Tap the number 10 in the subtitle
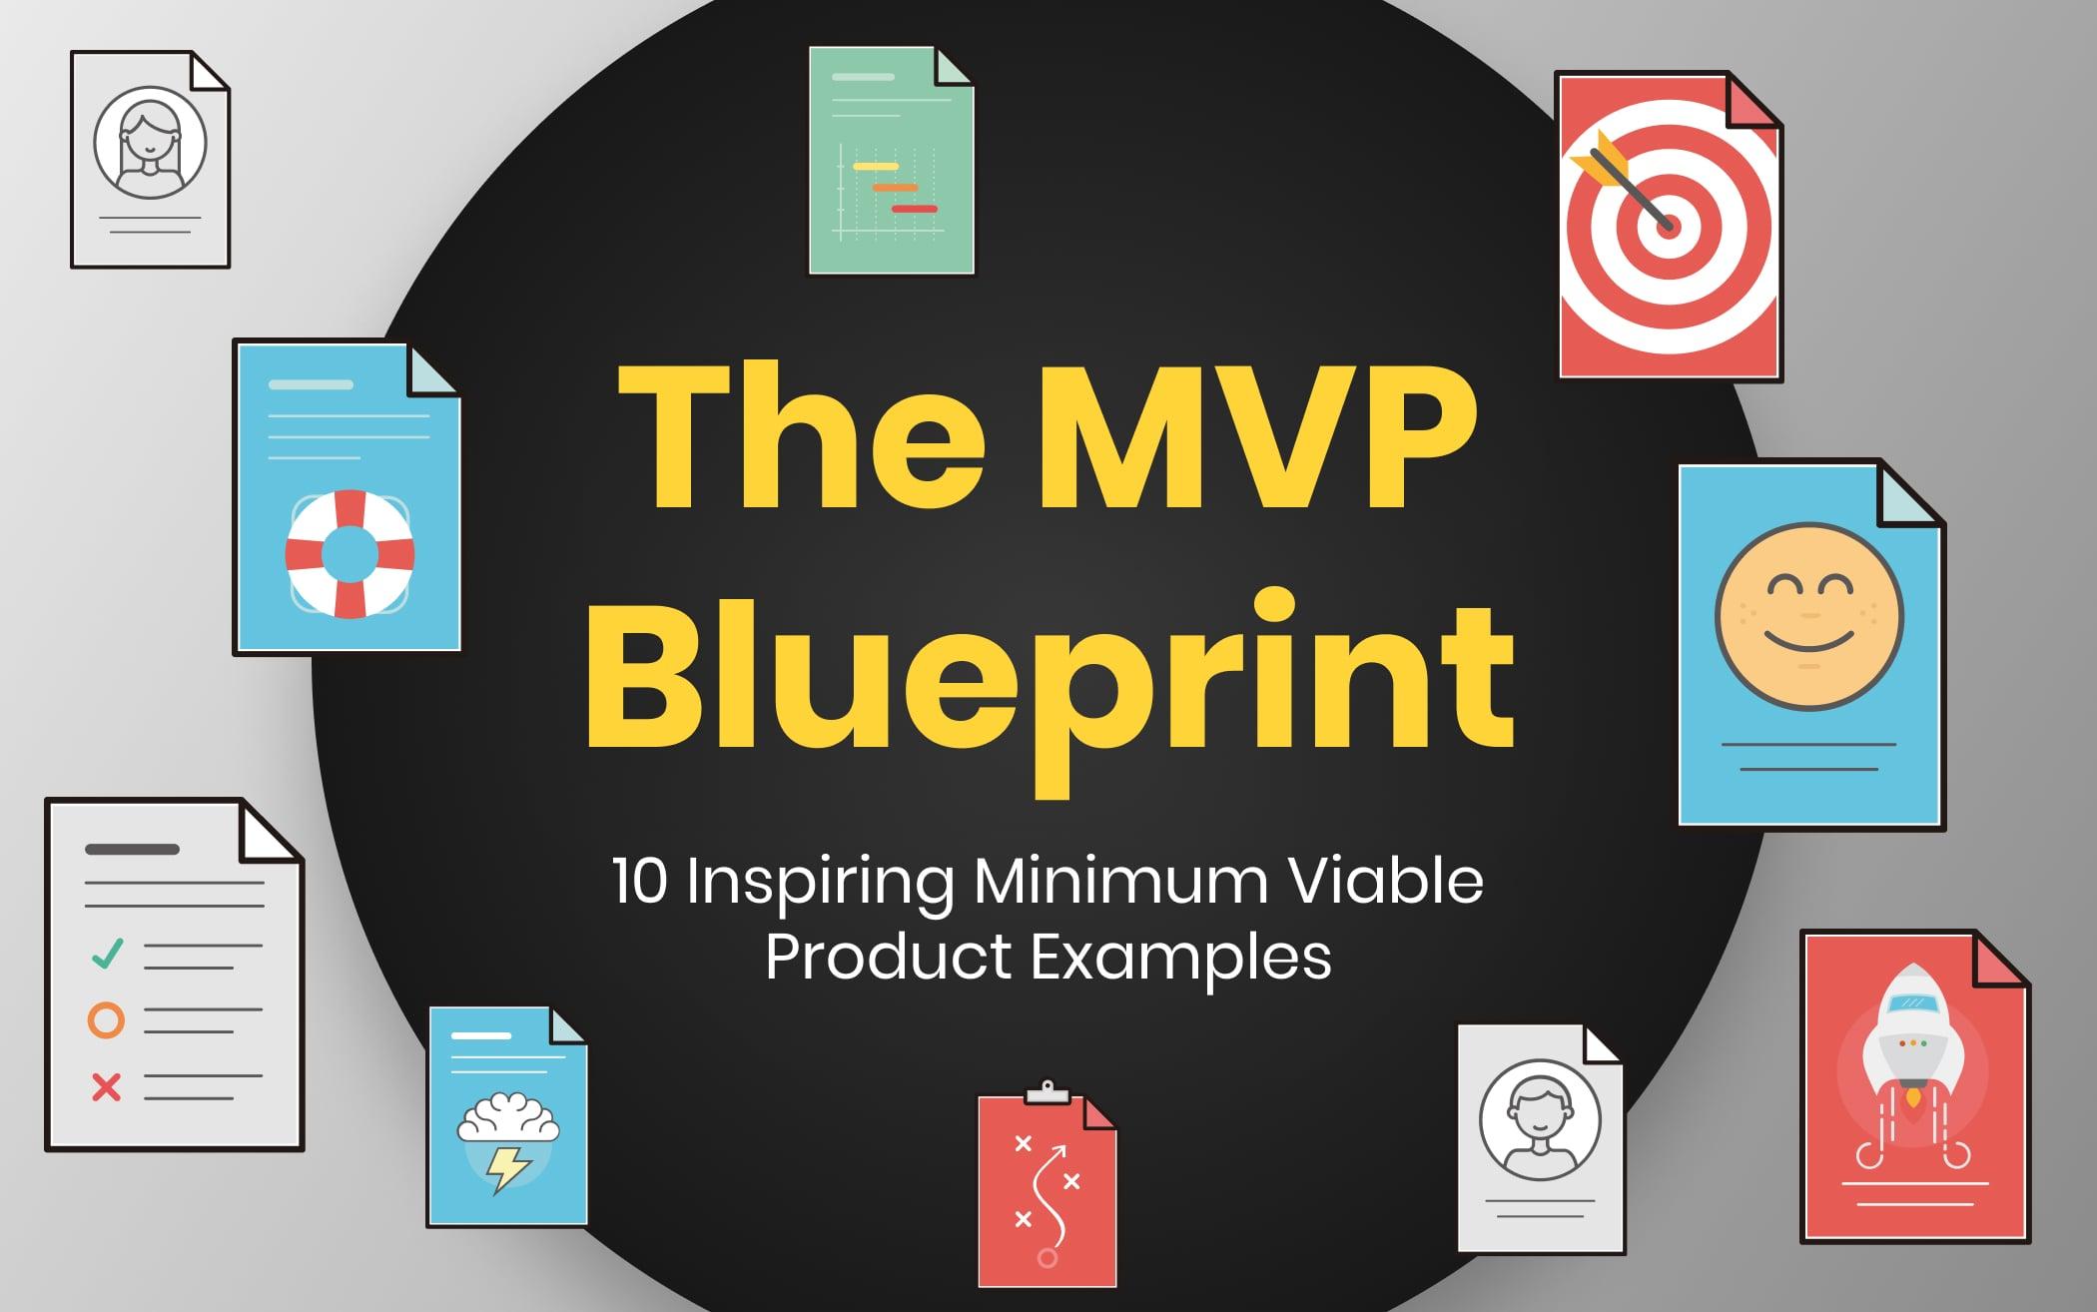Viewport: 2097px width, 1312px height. click(640, 882)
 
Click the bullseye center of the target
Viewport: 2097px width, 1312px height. click(1667, 226)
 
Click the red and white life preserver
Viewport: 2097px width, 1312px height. click(349, 553)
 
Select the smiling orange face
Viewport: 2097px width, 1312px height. click(1809, 617)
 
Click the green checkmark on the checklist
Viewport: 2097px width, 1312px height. click(107, 954)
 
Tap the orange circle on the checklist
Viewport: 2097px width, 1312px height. click(106, 1020)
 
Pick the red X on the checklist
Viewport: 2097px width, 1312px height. click(106, 1086)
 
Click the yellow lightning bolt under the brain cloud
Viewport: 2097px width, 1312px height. click(507, 1169)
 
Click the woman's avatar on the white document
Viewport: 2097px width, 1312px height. click(150, 143)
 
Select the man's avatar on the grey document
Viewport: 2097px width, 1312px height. click(1540, 1120)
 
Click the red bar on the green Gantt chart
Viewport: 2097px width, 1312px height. click(914, 209)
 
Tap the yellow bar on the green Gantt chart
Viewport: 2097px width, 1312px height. click(876, 166)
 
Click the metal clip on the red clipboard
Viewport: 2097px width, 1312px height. click(1048, 1091)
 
